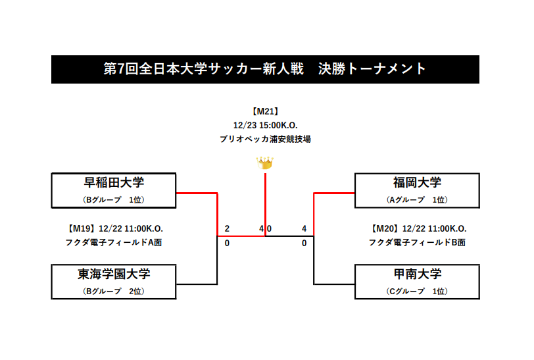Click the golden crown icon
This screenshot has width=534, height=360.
(x=264, y=163)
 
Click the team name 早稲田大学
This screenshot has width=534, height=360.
(x=114, y=183)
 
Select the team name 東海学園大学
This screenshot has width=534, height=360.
(x=114, y=274)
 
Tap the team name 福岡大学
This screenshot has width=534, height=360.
(x=417, y=183)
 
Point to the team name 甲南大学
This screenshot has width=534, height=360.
(x=417, y=274)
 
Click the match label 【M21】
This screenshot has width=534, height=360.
(x=265, y=111)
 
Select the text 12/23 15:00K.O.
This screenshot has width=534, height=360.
(x=265, y=126)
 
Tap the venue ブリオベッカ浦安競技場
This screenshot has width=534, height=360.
(x=265, y=139)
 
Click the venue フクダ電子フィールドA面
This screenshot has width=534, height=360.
(x=114, y=242)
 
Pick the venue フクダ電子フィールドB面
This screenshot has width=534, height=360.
(x=417, y=242)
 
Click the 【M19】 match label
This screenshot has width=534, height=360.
(x=82, y=228)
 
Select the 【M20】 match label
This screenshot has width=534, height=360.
(x=385, y=228)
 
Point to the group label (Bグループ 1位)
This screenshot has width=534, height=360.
(x=114, y=200)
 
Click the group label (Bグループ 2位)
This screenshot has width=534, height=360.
(x=114, y=291)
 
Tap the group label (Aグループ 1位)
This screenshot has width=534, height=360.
(x=417, y=200)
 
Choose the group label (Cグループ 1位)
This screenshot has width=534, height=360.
(x=417, y=291)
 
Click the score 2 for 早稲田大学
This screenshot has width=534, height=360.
(x=227, y=228)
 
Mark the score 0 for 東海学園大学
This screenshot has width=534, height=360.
(x=227, y=243)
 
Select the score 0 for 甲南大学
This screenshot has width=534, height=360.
(x=304, y=243)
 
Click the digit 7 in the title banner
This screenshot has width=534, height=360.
(x=121, y=69)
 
